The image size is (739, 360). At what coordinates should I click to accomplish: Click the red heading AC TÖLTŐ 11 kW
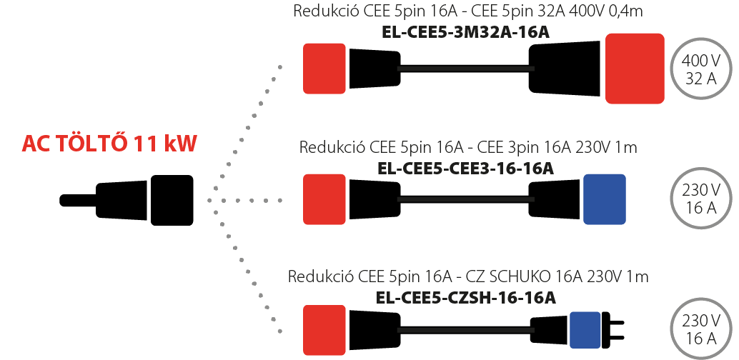click(x=109, y=144)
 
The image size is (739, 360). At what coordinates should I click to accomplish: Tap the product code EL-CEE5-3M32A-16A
click(x=465, y=32)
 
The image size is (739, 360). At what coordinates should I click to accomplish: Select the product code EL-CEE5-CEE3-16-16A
click(x=466, y=169)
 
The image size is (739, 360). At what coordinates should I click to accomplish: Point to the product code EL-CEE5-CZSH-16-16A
click(x=466, y=298)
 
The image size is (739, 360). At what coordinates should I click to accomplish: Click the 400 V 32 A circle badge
click(x=701, y=69)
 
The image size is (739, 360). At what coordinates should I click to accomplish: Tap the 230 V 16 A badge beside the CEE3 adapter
click(x=701, y=199)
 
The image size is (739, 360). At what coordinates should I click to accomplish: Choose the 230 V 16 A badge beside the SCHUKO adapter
click(x=701, y=329)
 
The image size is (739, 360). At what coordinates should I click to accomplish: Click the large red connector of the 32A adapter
click(x=635, y=69)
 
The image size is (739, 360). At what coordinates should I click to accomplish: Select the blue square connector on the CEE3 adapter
click(x=605, y=199)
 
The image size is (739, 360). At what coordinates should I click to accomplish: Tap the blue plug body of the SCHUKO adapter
click(x=585, y=329)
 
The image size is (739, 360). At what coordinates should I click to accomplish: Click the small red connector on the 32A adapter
click(x=324, y=69)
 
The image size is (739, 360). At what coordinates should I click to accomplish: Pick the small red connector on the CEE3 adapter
click(x=324, y=199)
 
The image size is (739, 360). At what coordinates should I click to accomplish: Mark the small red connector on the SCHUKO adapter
click(x=324, y=330)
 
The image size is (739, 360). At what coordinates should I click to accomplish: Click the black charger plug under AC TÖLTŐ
click(x=127, y=200)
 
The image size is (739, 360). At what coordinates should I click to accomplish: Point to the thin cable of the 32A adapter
click(x=466, y=69)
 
